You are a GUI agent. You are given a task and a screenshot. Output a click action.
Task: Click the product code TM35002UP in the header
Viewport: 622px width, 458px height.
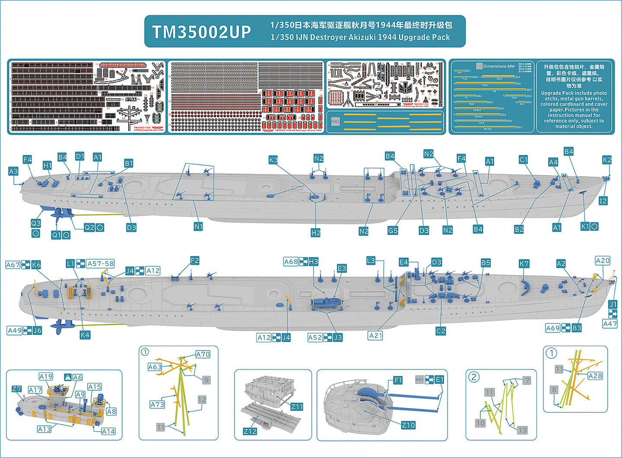[x=202, y=32]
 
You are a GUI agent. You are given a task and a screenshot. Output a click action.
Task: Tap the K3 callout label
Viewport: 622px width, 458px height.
[x=273, y=160]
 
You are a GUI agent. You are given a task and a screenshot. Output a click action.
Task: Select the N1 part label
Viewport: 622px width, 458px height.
[x=198, y=226]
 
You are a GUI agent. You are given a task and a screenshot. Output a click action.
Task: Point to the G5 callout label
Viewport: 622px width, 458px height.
[x=392, y=230]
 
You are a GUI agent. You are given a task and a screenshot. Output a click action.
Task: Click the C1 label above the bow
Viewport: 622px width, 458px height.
[x=523, y=160]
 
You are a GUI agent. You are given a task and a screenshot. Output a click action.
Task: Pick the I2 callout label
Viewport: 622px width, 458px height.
[x=603, y=201]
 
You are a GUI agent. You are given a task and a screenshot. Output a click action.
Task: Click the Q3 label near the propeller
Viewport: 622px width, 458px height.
[x=36, y=223]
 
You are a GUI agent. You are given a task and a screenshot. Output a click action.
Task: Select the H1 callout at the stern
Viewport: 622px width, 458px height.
[x=48, y=165]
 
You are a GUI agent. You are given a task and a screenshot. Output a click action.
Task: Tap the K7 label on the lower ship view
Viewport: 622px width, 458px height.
[x=524, y=263]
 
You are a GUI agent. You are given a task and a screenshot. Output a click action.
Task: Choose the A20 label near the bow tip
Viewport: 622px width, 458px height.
[x=603, y=260]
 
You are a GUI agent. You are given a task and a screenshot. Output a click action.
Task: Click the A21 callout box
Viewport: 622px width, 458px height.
[x=375, y=335]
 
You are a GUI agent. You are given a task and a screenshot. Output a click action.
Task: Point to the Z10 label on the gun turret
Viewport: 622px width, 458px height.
[x=408, y=425]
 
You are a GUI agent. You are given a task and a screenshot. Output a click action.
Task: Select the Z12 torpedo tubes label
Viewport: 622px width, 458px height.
[x=250, y=431]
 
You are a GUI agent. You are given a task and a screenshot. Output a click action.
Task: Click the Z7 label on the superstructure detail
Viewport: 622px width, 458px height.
[x=16, y=389]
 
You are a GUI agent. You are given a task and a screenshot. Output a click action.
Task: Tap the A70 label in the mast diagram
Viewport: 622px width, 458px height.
[x=203, y=354]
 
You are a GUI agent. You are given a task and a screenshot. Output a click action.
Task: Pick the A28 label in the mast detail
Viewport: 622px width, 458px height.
[x=595, y=376]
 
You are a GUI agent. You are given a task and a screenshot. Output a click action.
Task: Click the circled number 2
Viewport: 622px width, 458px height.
[x=474, y=377]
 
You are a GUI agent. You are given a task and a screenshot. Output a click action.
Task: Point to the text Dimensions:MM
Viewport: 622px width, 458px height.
[x=499, y=66]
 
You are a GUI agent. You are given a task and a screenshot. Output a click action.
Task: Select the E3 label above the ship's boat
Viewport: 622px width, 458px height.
[x=342, y=268]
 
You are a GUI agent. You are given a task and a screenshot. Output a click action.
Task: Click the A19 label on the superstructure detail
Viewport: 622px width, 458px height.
[x=46, y=376]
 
